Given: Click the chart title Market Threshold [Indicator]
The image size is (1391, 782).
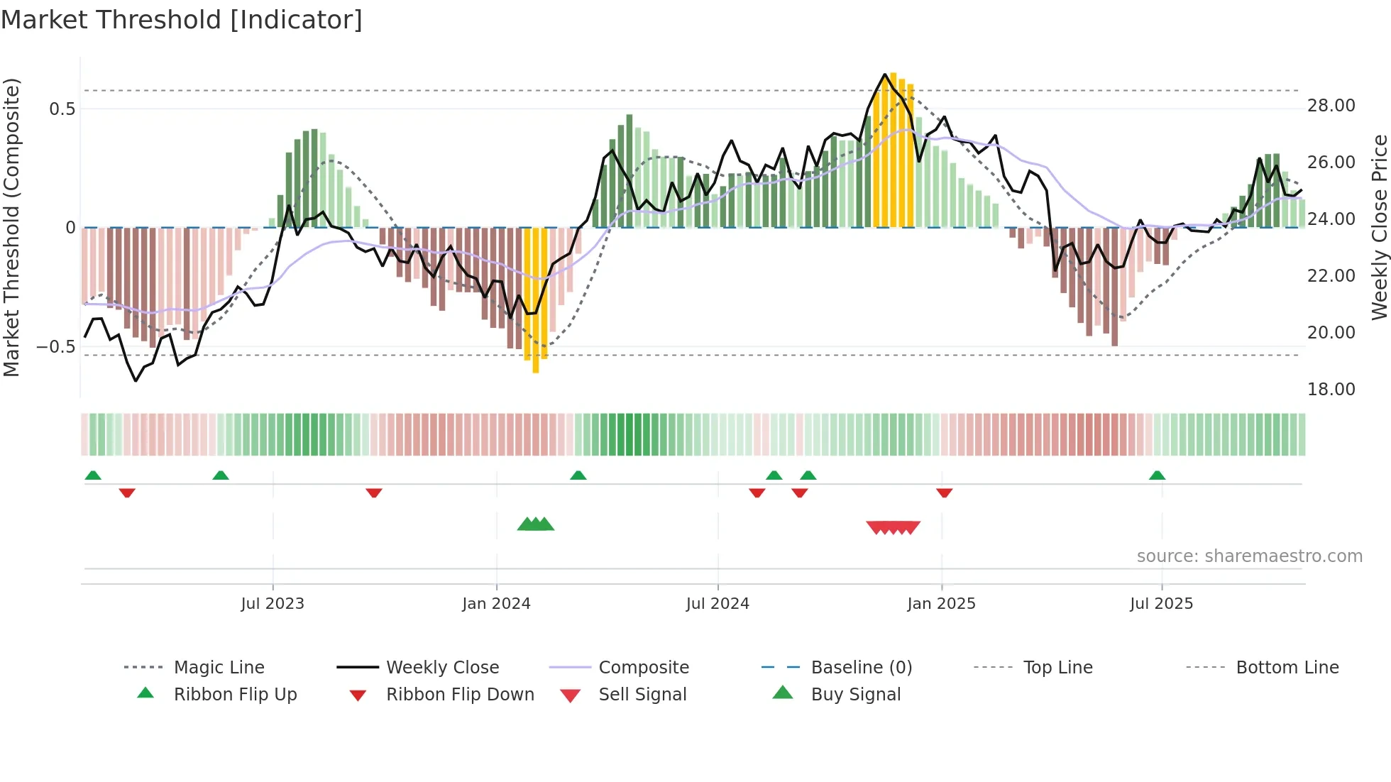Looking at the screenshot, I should [182, 20].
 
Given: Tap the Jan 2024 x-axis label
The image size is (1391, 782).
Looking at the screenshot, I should [496, 604].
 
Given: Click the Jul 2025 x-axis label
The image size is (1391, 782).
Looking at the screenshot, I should [1161, 604].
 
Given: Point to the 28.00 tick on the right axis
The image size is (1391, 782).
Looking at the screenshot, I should [1331, 106].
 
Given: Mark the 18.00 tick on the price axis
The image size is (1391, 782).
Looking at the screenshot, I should [1331, 390].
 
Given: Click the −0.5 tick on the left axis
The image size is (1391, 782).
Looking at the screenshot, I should [56, 347].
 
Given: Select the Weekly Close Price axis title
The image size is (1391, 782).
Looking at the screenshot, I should [1379, 227].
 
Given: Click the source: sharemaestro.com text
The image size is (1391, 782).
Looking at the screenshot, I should [1249, 556].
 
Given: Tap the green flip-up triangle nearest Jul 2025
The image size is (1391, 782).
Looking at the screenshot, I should [1157, 475].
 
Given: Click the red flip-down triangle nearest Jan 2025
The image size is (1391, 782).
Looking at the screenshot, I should [944, 492].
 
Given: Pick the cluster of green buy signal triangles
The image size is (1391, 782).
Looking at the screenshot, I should [536, 524].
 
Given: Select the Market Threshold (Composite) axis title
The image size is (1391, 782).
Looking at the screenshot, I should [11, 227].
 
